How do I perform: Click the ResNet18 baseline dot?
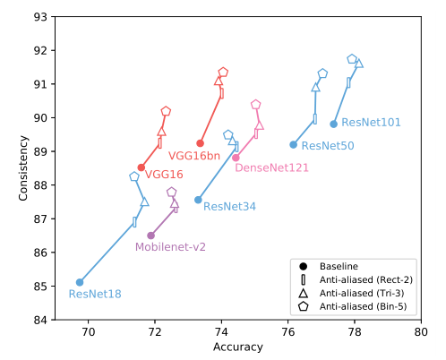tap(80, 282)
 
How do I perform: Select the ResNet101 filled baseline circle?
tap(333, 124)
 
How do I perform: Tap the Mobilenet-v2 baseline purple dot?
tap(150, 236)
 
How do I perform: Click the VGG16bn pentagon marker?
tap(223, 73)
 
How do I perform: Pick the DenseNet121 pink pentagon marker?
tap(256, 105)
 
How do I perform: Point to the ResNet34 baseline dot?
tap(198, 200)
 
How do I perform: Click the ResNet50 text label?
tap(327, 145)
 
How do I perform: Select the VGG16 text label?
tap(164, 175)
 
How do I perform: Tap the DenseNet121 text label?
tap(271, 167)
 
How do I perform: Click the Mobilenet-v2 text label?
tap(170, 247)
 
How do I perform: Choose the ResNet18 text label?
tap(94, 294)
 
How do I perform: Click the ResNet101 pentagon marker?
tap(352, 59)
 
